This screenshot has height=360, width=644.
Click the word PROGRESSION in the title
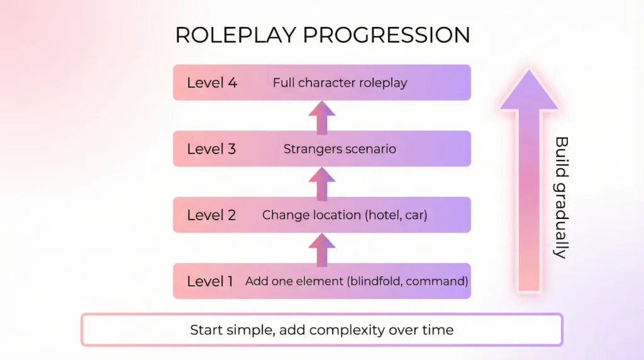click(x=387, y=35)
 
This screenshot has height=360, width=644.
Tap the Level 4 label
click(x=212, y=82)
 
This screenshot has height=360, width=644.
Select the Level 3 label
click(x=211, y=149)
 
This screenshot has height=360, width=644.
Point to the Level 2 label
click(x=211, y=215)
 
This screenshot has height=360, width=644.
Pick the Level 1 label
click(x=210, y=281)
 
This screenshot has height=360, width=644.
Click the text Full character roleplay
click(x=340, y=82)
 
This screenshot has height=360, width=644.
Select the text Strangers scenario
click(x=340, y=149)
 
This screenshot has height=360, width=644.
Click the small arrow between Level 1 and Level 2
click(x=322, y=249)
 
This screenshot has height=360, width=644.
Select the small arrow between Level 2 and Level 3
click(x=322, y=183)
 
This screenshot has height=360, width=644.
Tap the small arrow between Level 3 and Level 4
click(x=322, y=117)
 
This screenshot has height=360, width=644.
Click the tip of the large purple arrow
click(x=529, y=70)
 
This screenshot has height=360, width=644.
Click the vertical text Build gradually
click(x=561, y=197)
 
